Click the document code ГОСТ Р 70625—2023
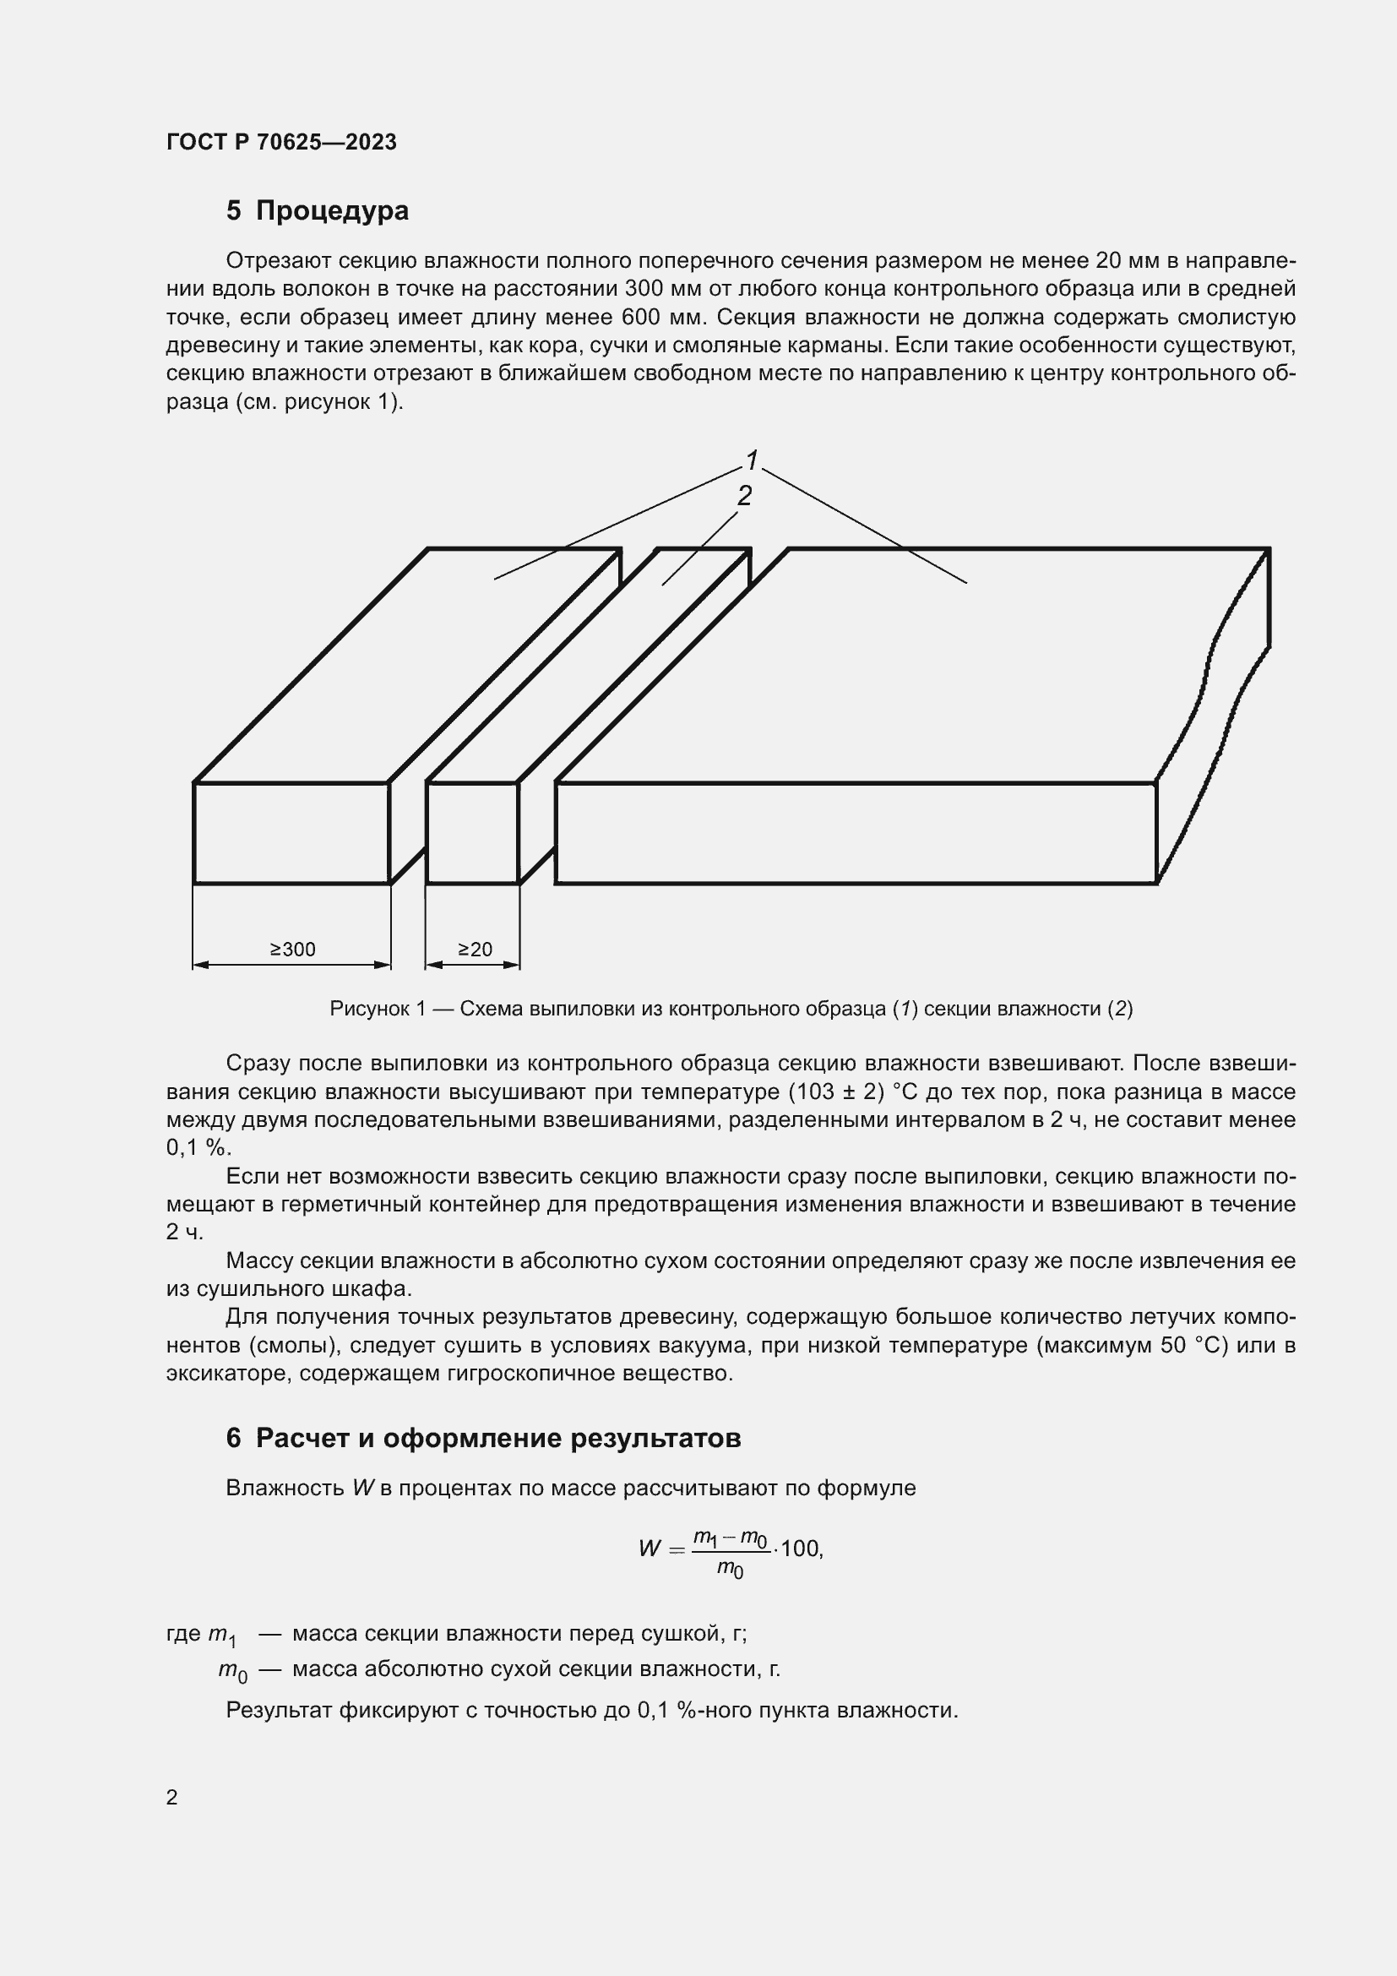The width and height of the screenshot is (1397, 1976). pyautogui.click(x=281, y=142)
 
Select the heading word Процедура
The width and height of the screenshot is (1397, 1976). pyautogui.click(x=332, y=211)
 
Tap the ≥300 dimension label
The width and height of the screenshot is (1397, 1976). pyautogui.click(x=292, y=950)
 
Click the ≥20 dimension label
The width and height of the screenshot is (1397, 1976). pyautogui.click(x=474, y=949)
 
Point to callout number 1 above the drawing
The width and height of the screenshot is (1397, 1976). pyautogui.click(x=752, y=460)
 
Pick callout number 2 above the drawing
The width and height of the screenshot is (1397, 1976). pyautogui.click(x=744, y=495)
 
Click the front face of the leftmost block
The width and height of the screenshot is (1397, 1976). pyautogui.click(x=291, y=832)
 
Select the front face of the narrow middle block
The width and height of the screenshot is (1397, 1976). pyautogui.click(x=472, y=832)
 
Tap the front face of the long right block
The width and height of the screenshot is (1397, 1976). pyautogui.click(x=855, y=832)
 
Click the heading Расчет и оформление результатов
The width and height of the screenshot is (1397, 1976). pyautogui.click(x=498, y=1438)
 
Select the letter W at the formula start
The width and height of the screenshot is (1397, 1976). pyautogui.click(x=650, y=1549)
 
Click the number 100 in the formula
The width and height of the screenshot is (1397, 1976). pyautogui.click(x=801, y=1549)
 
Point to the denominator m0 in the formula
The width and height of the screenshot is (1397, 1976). pyautogui.click(x=731, y=1569)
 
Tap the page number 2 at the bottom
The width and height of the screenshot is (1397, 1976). pyautogui.click(x=172, y=1797)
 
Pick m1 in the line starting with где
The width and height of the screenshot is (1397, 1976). pyautogui.click(x=223, y=1635)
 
